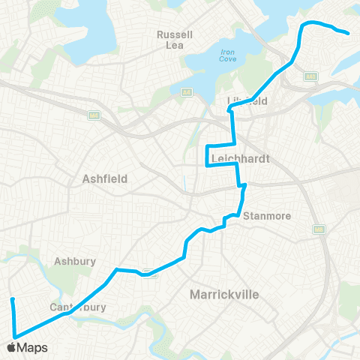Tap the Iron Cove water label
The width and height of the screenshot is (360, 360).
click(228, 57)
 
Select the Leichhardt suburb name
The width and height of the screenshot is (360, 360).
click(235, 158)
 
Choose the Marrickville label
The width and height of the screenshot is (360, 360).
click(224, 294)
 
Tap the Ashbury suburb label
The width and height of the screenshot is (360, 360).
click(73, 262)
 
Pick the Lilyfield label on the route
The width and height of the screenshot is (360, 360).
click(247, 100)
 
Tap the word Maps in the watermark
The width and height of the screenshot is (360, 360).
click(32, 347)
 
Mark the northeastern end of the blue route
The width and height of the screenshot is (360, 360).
click(348, 33)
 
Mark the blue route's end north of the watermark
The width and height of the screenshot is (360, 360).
click(13, 300)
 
